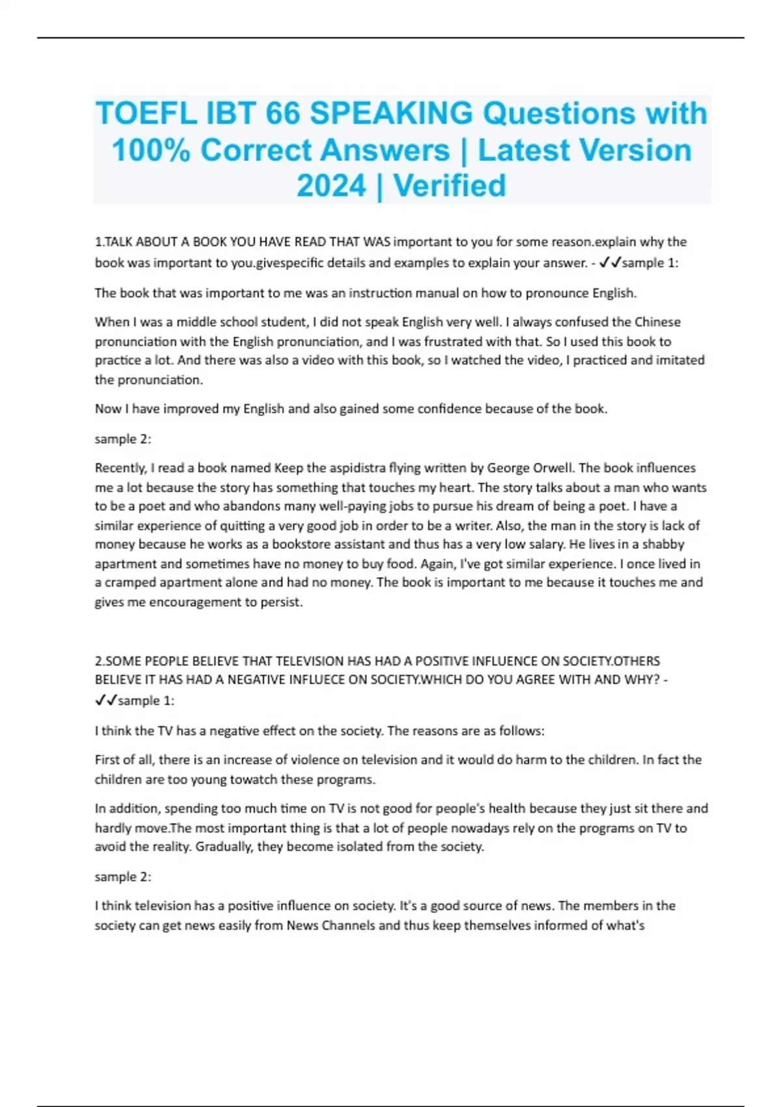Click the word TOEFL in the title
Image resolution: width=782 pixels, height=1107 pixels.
146,114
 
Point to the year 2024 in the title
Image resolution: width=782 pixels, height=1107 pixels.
331,186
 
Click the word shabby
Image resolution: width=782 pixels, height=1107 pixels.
663,544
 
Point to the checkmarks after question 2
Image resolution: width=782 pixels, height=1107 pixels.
106,701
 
